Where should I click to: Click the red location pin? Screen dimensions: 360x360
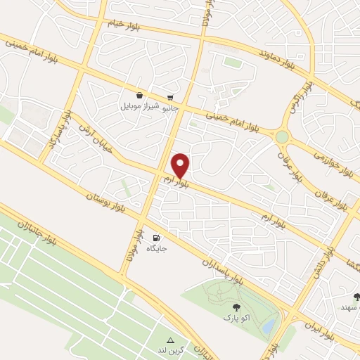click(181, 165)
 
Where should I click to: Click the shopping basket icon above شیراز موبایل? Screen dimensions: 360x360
click(139, 95)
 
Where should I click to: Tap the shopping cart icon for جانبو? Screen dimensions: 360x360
click(171, 98)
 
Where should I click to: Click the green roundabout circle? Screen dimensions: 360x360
click(283, 136)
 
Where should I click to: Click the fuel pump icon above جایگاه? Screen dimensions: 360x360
click(156, 238)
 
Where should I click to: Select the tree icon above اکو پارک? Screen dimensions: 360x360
click(236, 307)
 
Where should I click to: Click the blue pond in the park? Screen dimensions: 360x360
click(269, 326)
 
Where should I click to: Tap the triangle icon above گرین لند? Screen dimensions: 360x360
click(169, 340)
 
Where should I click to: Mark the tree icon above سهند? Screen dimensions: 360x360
click(356, 297)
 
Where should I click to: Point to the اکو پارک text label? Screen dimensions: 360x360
click(236, 319)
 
